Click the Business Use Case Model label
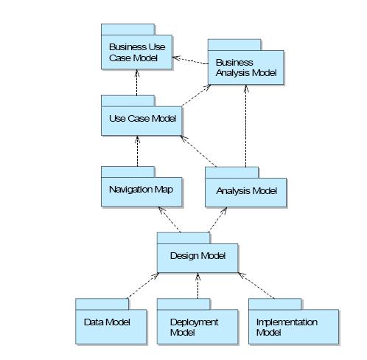[137, 52]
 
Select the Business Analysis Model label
[246, 68]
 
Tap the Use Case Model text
[142, 119]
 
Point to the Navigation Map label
[141, 190]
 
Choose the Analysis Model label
[247, 191]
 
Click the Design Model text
[198, 256]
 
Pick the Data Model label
[107, 322]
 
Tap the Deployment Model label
[194, 328]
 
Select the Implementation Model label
[287, 328]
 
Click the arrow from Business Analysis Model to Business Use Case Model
[190, 60]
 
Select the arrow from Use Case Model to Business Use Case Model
[137, 83]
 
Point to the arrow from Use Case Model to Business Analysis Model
[196, 95]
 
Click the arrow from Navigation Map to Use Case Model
[137, 151]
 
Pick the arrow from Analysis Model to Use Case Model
[198, 151]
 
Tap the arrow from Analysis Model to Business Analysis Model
[245, 126]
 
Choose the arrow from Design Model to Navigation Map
[169, 219]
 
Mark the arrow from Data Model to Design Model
[143, 285]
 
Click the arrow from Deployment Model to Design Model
[198, 285]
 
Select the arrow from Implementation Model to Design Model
[256, 285]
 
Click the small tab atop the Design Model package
[183, 238]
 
